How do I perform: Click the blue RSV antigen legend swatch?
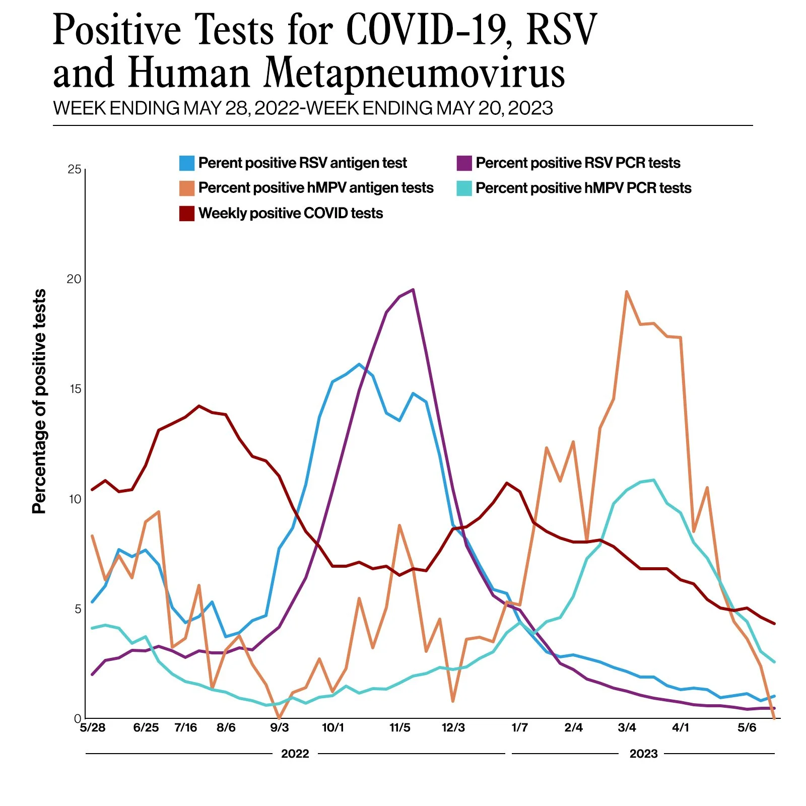click(x=187, y=163)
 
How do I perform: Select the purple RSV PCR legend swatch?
click(x=464, y=163)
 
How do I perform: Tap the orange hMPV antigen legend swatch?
click(x=187, y=188)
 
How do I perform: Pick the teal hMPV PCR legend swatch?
click(x=464, y=188)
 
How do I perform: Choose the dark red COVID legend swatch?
click(x=187, y=214)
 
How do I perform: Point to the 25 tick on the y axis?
click(x=75, y=169)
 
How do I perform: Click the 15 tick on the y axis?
click(x=75, y=389)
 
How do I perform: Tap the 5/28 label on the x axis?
click(x=93, y=728)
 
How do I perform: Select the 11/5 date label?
click(x=400, y=728)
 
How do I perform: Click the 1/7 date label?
click(x=519, y=728)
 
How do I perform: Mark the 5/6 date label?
click(x=747, y=728)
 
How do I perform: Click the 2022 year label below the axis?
click(x=295, y=754)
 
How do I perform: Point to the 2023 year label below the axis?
click(x=643, y=754)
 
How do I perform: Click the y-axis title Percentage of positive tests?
click(x=39, y=401)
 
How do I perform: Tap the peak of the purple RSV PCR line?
click(x=413, y=290)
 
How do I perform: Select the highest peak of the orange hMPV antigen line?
click(x=626, y=292)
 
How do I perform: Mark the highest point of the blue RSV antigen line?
click(x=359, y=364)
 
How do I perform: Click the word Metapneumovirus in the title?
click(x=415, y=74)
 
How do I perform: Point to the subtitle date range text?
click(x=303, y=108)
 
